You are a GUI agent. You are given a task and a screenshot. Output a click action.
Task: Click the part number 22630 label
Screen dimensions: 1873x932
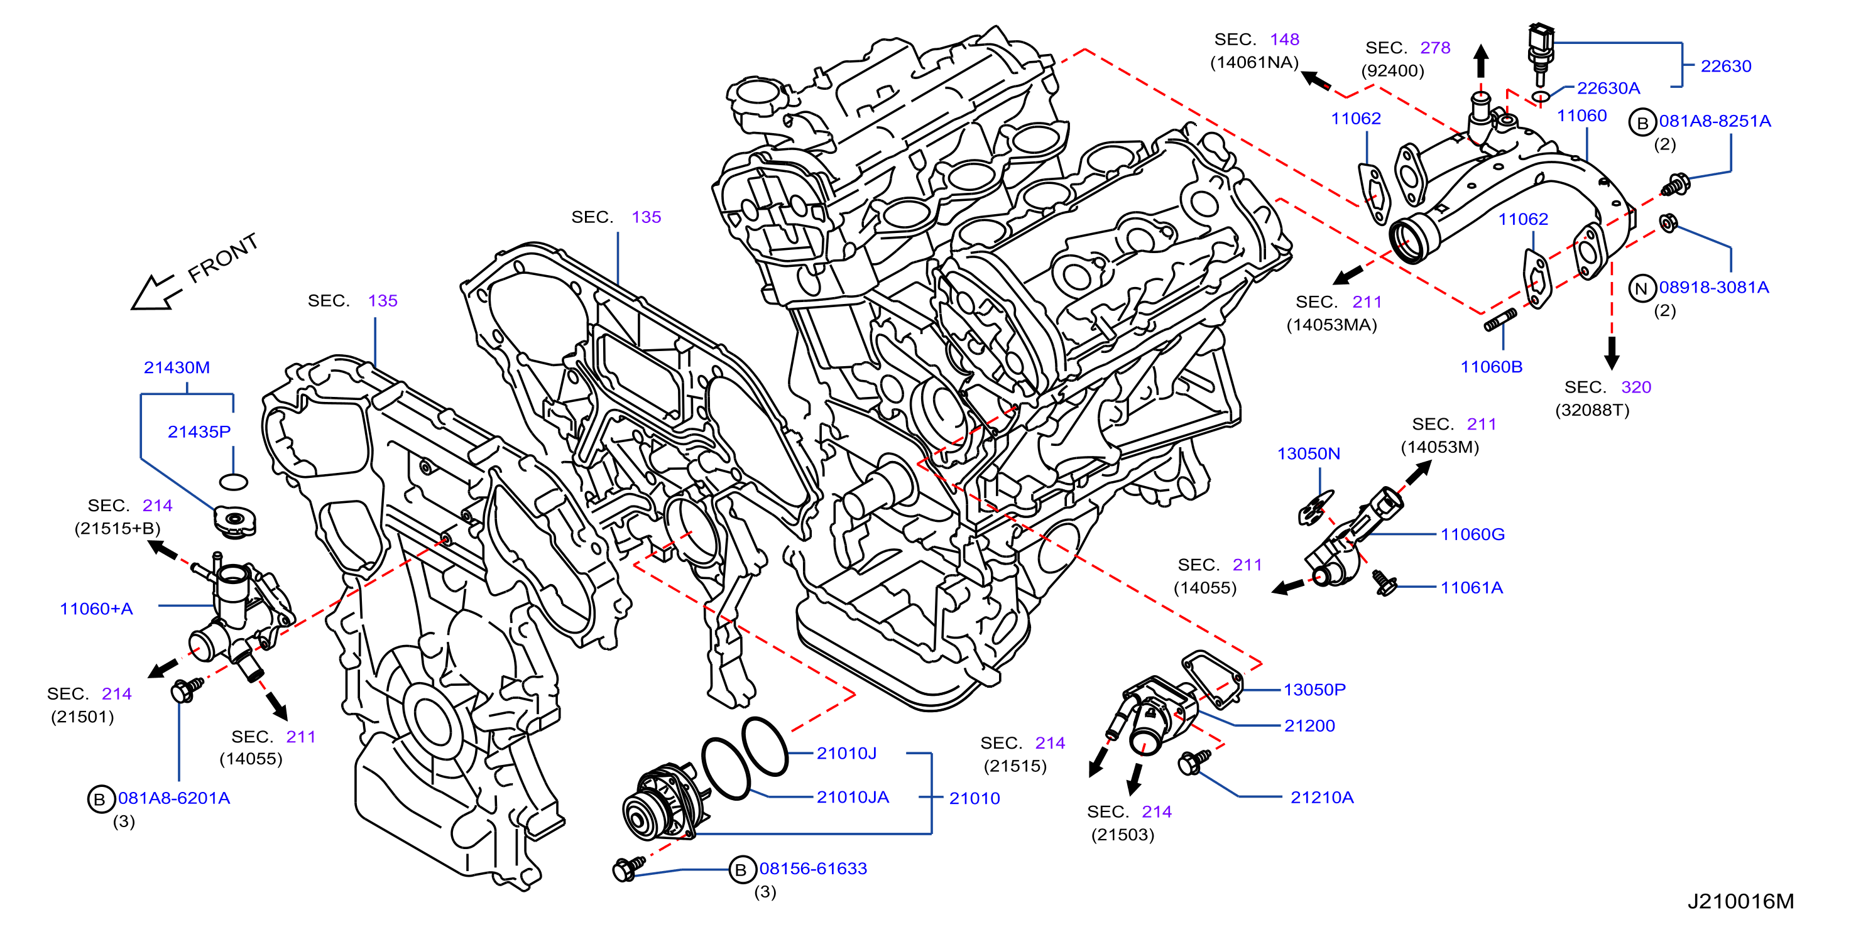1725,66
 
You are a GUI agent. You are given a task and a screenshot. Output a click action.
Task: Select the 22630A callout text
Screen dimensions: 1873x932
1608,88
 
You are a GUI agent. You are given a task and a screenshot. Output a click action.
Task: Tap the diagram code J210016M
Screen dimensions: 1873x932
1740,901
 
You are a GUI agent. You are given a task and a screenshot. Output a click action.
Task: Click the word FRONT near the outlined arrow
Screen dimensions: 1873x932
223,257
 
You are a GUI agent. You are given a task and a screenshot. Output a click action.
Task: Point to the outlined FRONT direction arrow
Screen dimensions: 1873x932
155,293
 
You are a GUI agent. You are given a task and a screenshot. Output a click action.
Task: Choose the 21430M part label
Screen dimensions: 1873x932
177,367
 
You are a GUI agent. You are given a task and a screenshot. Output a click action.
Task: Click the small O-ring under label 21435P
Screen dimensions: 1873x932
233,481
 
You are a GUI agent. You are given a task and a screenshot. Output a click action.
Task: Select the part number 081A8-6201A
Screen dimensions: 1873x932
174,798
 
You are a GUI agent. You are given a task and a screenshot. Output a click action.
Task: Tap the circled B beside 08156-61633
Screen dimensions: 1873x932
740,869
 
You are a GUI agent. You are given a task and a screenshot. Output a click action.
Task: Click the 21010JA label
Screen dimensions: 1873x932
852,797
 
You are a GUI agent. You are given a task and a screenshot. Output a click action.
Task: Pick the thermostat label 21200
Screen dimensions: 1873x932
1309,725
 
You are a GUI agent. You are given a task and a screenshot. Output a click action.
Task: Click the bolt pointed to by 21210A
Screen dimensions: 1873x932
1193,762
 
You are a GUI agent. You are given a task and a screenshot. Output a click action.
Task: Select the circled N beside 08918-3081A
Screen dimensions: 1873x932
1641,289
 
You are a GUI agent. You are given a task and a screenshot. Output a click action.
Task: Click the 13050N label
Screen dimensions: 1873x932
1308,453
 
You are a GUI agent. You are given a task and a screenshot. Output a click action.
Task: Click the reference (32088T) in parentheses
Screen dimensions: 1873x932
1592,410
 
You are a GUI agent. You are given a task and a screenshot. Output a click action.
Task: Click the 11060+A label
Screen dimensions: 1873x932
96,609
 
